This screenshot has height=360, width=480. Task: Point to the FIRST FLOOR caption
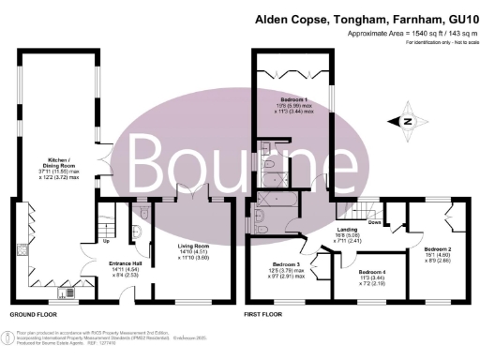(263, 315)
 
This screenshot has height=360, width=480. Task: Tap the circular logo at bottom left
(9, 338)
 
